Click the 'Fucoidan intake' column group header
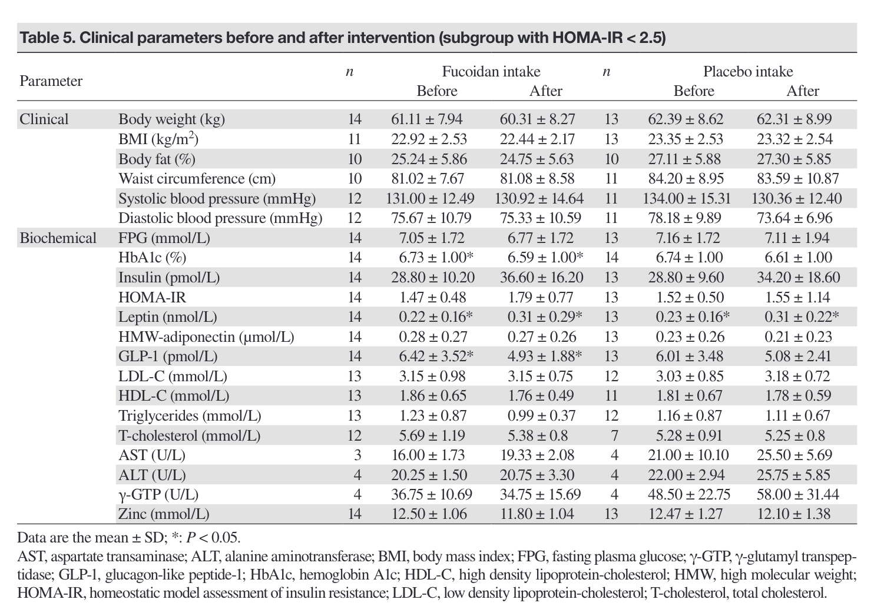[x=491, y=72]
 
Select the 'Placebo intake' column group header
[x=748, y=72]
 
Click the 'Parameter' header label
[x=51, y=81]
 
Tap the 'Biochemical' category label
[x=58, y=238]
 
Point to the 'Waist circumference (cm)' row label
[x=197, y=179]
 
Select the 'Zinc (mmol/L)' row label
[x=164, y=514]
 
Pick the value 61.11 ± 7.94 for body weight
[x=427, y=119]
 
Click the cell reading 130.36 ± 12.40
[x=797, y=199]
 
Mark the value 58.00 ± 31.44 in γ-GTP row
[x=797, y=495]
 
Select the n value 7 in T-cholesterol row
[x=611, y=436]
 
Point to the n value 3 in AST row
[x=357, y=455]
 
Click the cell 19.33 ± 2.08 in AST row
[x=537, y=455]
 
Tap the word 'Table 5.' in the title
[x=47, y=38]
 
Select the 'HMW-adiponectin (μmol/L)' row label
[x=206, y=337]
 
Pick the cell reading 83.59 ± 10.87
[x=797, y=179]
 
